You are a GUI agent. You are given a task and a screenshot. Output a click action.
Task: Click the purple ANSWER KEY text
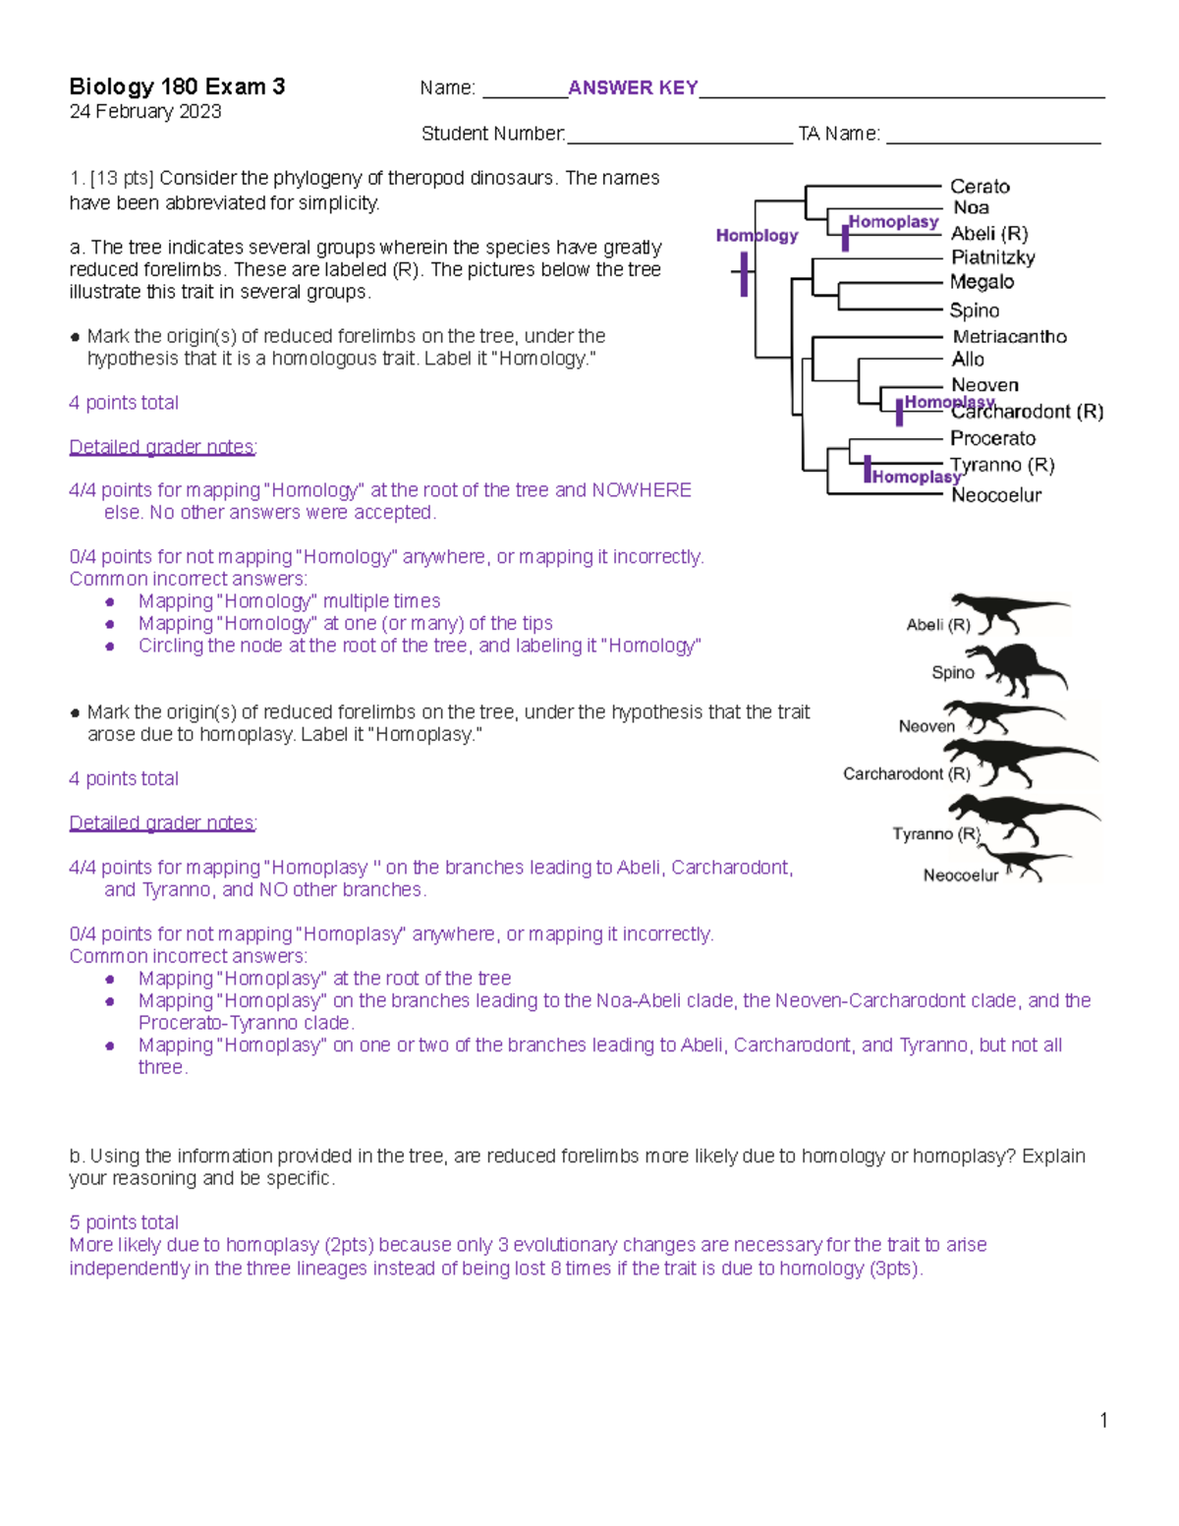point(633,87)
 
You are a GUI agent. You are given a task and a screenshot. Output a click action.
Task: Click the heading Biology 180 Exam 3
point(177,86)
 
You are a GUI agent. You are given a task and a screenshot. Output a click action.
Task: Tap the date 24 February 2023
point(145,112)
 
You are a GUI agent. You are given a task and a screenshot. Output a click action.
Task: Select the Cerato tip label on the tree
point(980,186)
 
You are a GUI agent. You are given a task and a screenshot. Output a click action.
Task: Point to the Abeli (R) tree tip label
point(989,233)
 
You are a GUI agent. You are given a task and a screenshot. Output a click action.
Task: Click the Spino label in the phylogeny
point(975,311)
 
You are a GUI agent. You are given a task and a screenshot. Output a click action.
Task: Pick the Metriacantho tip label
point(1009,336)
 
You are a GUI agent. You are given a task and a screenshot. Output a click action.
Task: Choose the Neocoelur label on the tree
point(996,495)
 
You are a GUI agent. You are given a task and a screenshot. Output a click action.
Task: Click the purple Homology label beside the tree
point(757,236)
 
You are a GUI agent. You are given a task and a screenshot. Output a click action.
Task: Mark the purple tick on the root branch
point(744,274)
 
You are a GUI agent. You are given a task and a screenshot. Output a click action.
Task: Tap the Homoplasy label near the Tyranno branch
point(916,477)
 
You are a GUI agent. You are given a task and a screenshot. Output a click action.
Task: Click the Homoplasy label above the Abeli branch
point(893,222)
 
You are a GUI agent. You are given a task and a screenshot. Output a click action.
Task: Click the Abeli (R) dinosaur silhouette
point(1007,612)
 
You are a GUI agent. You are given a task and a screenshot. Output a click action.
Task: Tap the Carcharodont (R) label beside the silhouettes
point(906,774)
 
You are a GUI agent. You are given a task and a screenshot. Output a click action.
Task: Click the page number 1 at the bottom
point(1103,1420)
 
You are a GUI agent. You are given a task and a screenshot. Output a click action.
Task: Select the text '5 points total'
point(124,1222)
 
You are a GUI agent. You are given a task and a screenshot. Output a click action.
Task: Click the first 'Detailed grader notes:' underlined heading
point(163,447)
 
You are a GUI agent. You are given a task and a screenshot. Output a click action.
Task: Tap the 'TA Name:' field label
point(839,134)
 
